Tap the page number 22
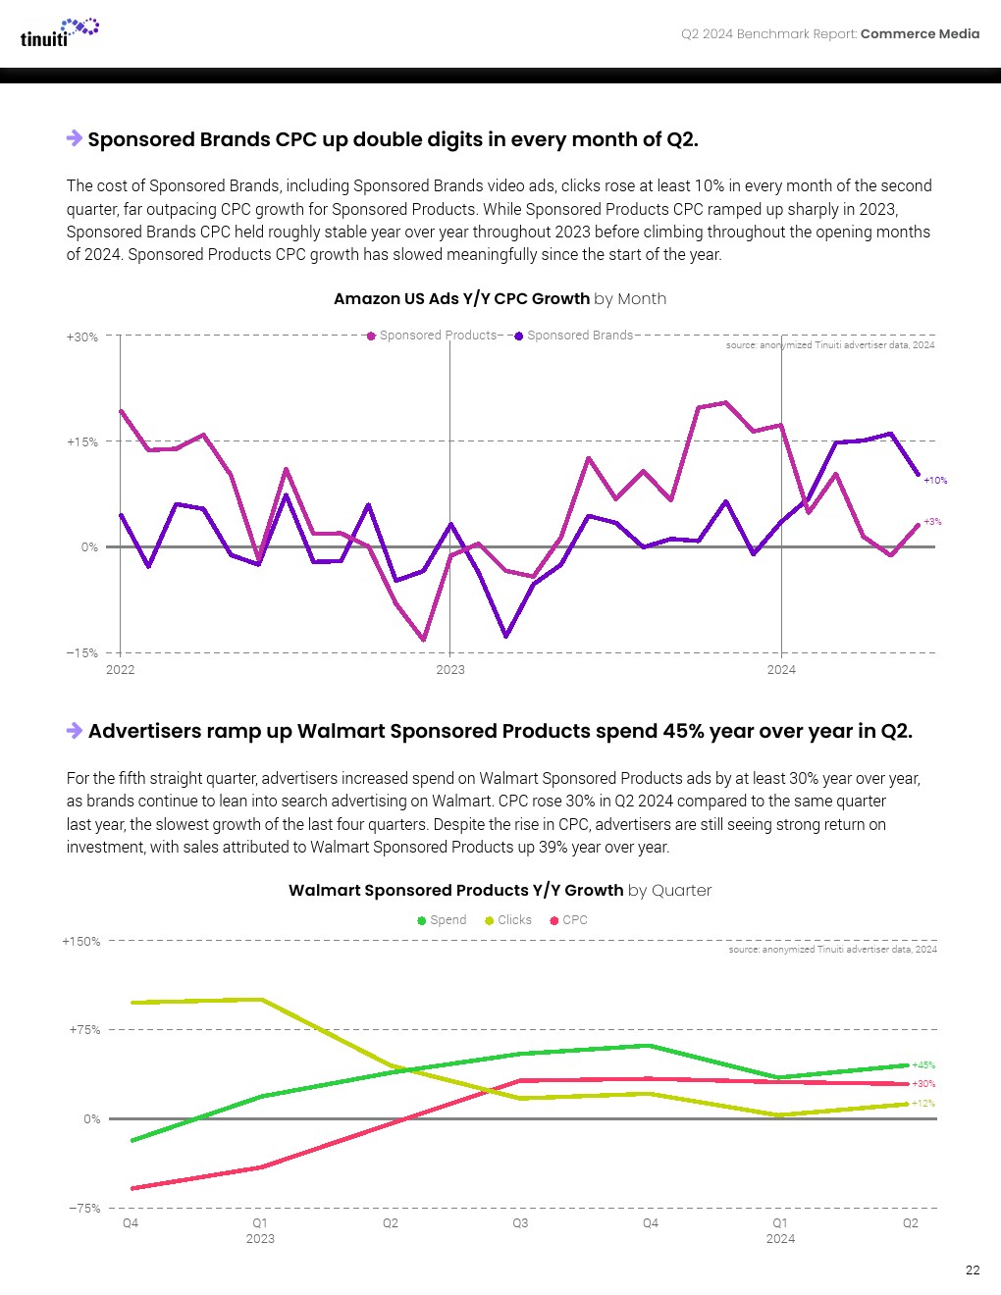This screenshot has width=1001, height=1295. pos(972,1269)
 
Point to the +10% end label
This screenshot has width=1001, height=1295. pos(935,481)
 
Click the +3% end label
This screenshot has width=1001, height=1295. pos(932,522)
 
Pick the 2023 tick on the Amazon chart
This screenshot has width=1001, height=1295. pos(450,670)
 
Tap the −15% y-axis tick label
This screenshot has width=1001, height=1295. pos(82,653)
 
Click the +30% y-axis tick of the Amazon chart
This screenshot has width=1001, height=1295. pos(82,337)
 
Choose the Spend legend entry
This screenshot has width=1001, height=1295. pos(443,920)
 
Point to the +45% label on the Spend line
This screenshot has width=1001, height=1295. pos(923,1065)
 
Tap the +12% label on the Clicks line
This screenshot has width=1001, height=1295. pos(923,1104)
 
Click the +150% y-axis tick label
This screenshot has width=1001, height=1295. pos(81,942)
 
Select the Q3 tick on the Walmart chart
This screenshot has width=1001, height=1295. pos(520,1223)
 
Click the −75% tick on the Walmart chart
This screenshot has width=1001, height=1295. pos(84,1209)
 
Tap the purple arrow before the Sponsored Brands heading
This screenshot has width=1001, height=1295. pos(75,138)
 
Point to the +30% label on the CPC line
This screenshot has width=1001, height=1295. pos(923,1084)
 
